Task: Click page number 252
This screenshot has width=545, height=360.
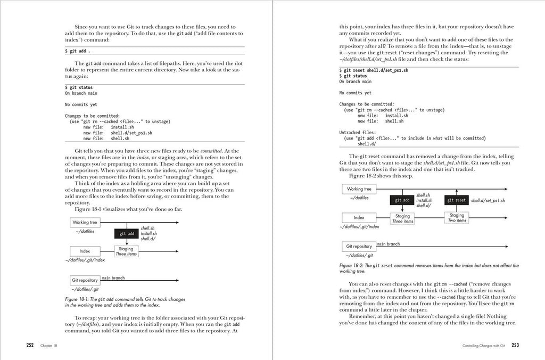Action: [30, 345]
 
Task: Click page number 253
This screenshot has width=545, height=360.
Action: [515, 345]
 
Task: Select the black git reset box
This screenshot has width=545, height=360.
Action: [457, 200]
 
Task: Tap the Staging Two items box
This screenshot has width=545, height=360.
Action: [457, 217]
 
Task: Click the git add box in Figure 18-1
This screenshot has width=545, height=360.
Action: [126, 233]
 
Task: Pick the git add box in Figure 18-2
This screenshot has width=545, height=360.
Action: [402, 200]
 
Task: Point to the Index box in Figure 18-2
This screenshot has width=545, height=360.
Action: [359, 217]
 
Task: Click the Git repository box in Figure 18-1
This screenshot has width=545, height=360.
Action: [85, 280]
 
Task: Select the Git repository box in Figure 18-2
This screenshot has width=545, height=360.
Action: [359, 247]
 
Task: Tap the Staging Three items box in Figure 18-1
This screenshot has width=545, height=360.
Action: [126, 251]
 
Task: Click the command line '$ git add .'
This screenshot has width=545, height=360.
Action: [78, 51]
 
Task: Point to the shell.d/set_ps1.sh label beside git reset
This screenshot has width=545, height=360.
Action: [488, 200]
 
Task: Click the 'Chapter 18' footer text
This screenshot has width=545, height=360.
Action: [48, 346]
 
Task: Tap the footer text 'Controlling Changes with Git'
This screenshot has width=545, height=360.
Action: [484, 346]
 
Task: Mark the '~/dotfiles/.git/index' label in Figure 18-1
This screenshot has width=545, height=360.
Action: [85, 260]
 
